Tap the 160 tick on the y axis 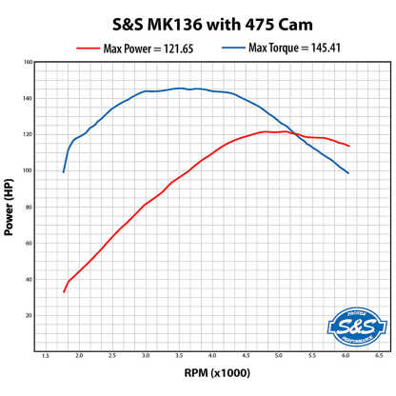tap(29, 62)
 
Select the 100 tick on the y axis tap(29, 170)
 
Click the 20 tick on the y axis tap(30, 315)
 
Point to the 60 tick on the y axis tap(30, 243)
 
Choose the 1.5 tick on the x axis tap(46, 360)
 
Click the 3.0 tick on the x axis tap(146, 360)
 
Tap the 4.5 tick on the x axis tap(245, 360)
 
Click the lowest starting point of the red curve tap(64, 291)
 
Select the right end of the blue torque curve tap(348, 173)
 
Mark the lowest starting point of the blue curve tap(64, 172)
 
